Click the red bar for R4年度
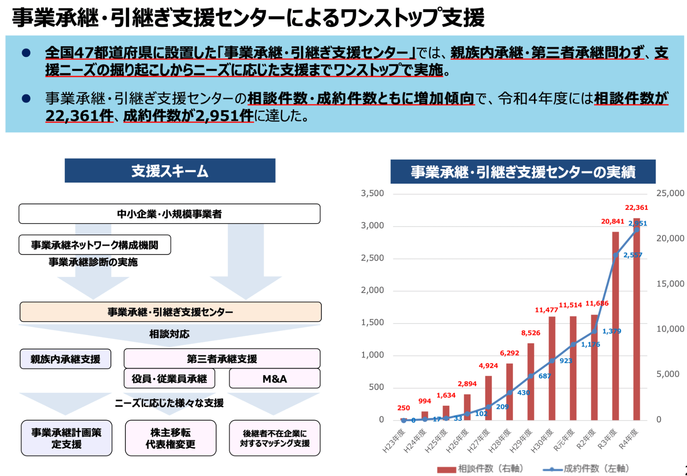coord(636,319)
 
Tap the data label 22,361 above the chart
coord(636,207)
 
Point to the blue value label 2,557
coord(632,255)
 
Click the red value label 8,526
coord(530,333)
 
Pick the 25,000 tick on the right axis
coord(670,193)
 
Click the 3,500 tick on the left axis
coord(372,193)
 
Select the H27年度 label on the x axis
coord(478,441)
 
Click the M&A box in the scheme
coord(274,378)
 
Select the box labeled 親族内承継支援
coord(65,359)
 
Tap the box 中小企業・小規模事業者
coord(169,214)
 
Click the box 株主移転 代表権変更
coord(170,438)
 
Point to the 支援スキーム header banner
coord(170,171)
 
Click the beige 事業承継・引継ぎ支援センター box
coord(170,312)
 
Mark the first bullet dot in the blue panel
coord(26,53)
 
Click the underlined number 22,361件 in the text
coord(79,116)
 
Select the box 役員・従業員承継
coord(169,378)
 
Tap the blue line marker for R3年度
coord(616,255)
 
